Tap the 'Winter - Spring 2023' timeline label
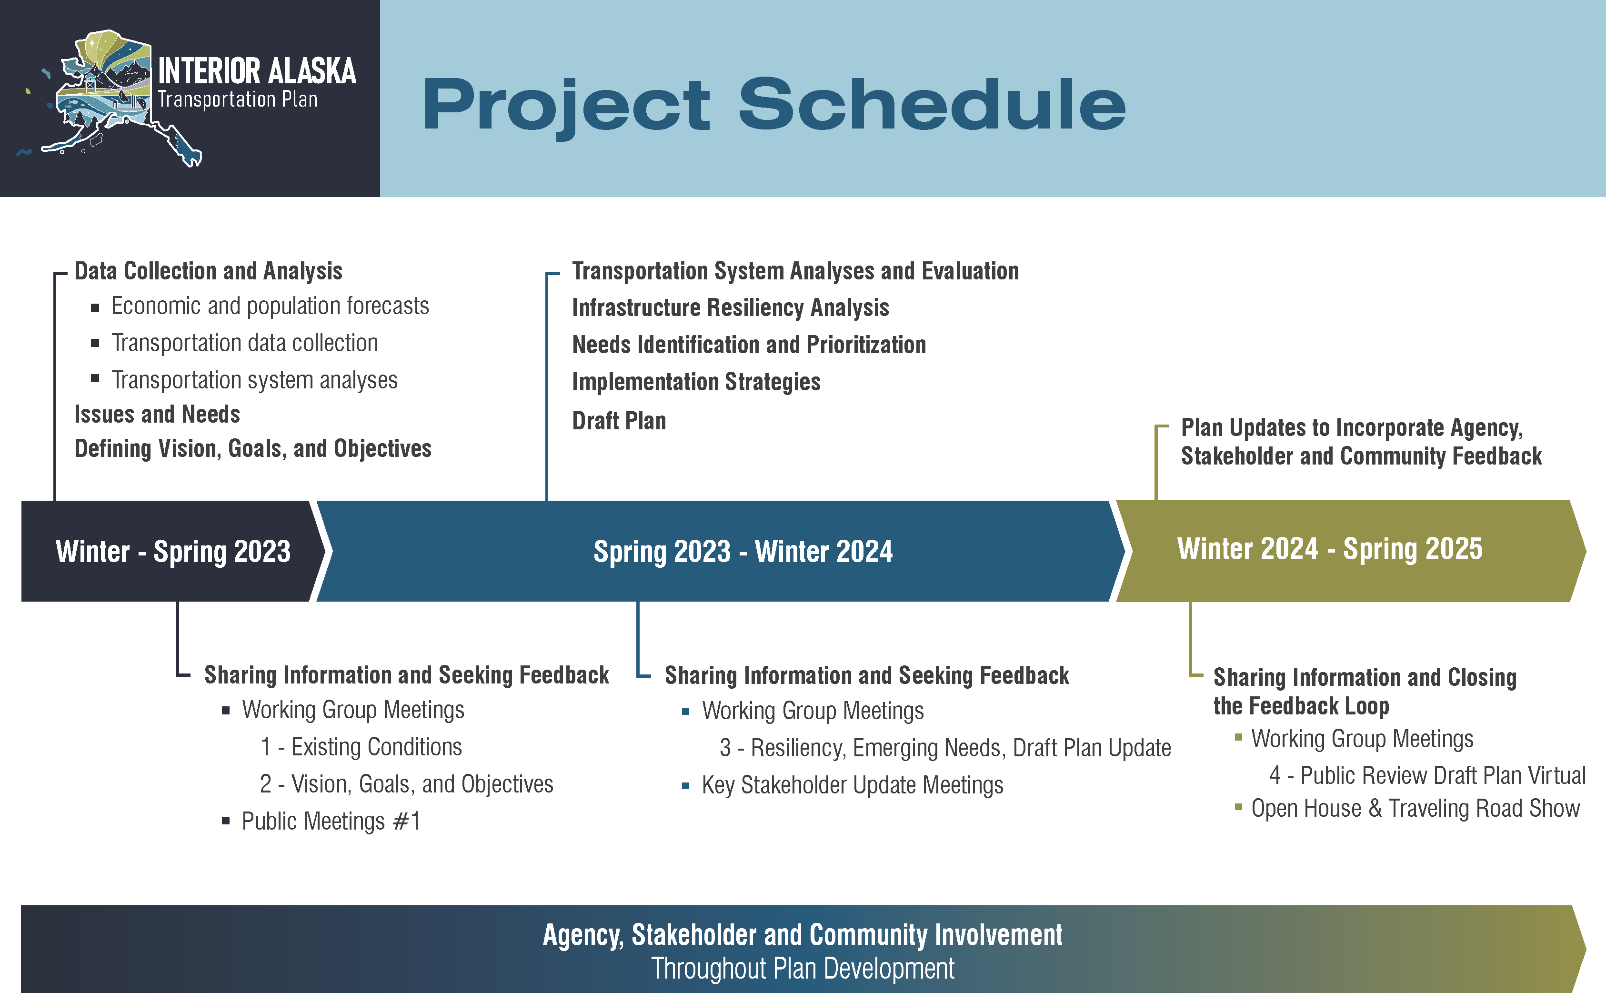[x=173, y=552]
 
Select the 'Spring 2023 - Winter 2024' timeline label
[x=743, y=552]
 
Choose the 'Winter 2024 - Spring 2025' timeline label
[x=1330, y=549]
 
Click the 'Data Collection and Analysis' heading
[x=209, y=271]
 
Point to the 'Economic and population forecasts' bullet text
[x=270, y=306]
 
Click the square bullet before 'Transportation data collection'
[x=95, y=343]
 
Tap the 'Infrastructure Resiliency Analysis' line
[x=731, y=308]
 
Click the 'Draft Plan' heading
[x=619, y=421]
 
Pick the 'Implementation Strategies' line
[x=696, y=382]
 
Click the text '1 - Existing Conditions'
[x=361, y=747]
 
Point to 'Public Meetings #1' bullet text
[x=331, y=822]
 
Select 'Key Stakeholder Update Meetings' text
[x=853, y=786]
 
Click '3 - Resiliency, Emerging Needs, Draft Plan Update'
[x=945, y=749]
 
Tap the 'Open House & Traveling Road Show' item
[x=1415, y=809]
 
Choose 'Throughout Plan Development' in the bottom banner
[x=803, y=969]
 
